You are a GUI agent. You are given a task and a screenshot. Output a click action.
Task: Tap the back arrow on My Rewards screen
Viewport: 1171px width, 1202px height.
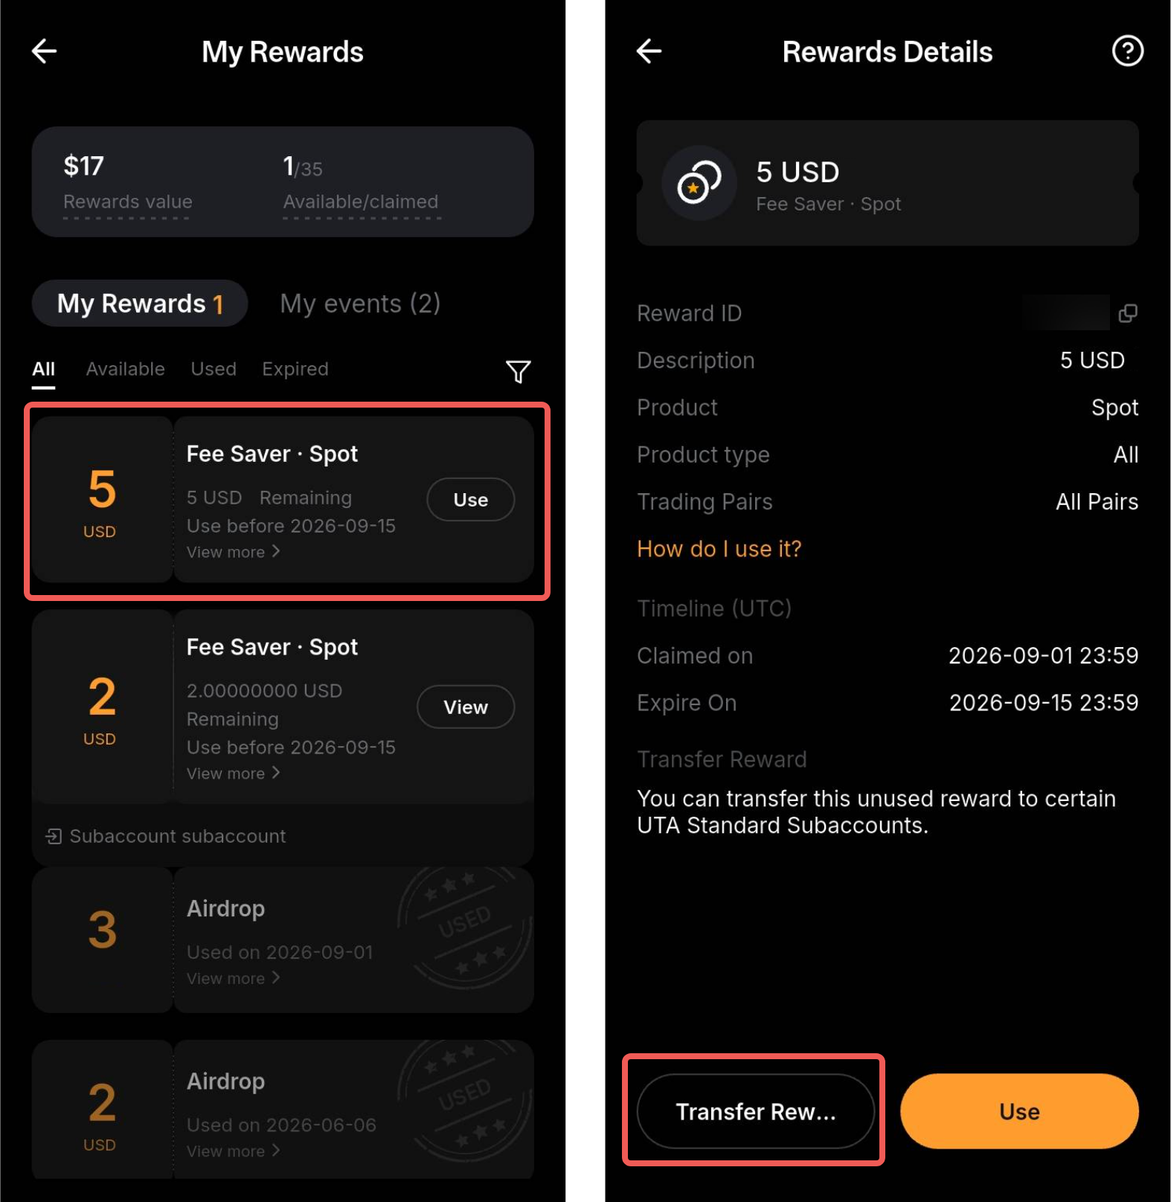point(45,51)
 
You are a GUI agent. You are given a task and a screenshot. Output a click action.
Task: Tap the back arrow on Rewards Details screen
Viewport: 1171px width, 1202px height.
point(649,51)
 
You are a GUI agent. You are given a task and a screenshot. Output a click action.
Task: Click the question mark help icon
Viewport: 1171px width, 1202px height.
point(1127,51)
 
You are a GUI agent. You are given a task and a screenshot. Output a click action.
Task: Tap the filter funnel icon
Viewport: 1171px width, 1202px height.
point(518,371)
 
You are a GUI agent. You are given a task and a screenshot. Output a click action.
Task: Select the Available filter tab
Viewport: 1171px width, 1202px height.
point(125,369)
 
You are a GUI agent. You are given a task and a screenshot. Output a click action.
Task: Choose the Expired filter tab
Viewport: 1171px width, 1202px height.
point(295,369)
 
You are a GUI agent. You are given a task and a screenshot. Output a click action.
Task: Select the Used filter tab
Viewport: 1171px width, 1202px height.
point(214,369)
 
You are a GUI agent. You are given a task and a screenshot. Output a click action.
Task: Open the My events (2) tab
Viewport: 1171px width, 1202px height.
point(360,303)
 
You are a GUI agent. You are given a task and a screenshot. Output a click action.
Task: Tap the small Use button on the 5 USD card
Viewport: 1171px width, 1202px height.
point(470,500)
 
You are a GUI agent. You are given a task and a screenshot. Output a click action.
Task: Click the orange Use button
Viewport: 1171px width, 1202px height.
point(1019,1111)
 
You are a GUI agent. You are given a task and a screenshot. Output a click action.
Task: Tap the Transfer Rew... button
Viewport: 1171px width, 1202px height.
point(756,1111)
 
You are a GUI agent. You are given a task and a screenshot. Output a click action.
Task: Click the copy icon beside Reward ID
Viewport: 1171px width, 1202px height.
point(1128,313)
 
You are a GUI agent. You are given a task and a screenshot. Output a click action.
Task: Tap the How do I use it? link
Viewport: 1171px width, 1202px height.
point(719,549)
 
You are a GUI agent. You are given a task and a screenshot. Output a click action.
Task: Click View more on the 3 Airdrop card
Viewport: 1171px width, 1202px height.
point(233,978)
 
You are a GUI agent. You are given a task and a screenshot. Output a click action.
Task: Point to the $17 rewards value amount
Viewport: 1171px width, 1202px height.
point(83,166)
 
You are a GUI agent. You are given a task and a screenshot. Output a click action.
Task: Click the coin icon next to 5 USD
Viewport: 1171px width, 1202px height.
point(699,183)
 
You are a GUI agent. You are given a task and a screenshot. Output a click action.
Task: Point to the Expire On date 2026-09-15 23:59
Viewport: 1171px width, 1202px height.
point(1043,703)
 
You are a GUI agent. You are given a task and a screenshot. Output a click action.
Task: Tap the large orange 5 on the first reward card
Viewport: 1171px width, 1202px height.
point(103,489)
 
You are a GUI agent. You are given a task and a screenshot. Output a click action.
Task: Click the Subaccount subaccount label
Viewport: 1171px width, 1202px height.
point(177,836)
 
